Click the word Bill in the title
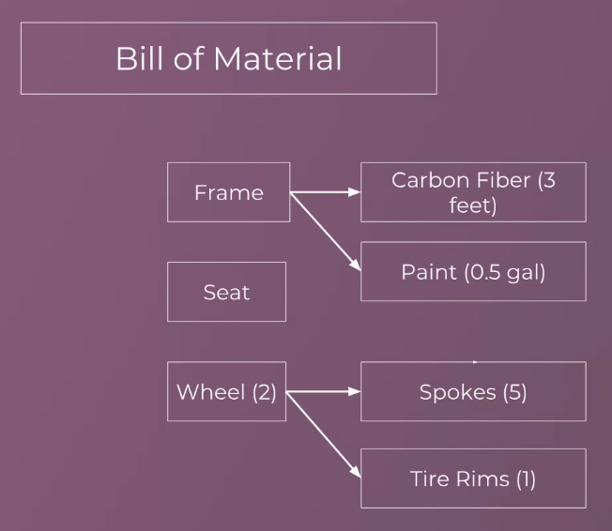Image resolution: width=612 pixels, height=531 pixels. (139, 58)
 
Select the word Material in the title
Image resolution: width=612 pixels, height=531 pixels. (278, 58)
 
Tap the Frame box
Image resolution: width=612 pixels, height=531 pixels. (229, 192)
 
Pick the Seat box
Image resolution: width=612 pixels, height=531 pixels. (227, 292)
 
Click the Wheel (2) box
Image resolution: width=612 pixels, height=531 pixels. (227, 391)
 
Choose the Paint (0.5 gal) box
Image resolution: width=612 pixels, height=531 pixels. (473, 271)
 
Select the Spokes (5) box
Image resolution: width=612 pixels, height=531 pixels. (473, 391)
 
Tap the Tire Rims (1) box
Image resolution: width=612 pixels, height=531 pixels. (473, 478)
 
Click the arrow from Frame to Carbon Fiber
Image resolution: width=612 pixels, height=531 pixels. (325, 192)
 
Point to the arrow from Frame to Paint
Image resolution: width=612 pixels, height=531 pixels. (326, 232)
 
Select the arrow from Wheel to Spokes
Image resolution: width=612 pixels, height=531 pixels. (323, 391)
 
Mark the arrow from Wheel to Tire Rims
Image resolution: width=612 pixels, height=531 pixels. (324, 434)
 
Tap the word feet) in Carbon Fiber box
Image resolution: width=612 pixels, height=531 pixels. (473, 205)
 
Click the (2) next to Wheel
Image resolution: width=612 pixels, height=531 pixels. (265, 392)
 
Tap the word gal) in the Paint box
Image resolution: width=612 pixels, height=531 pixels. (527, 273)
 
